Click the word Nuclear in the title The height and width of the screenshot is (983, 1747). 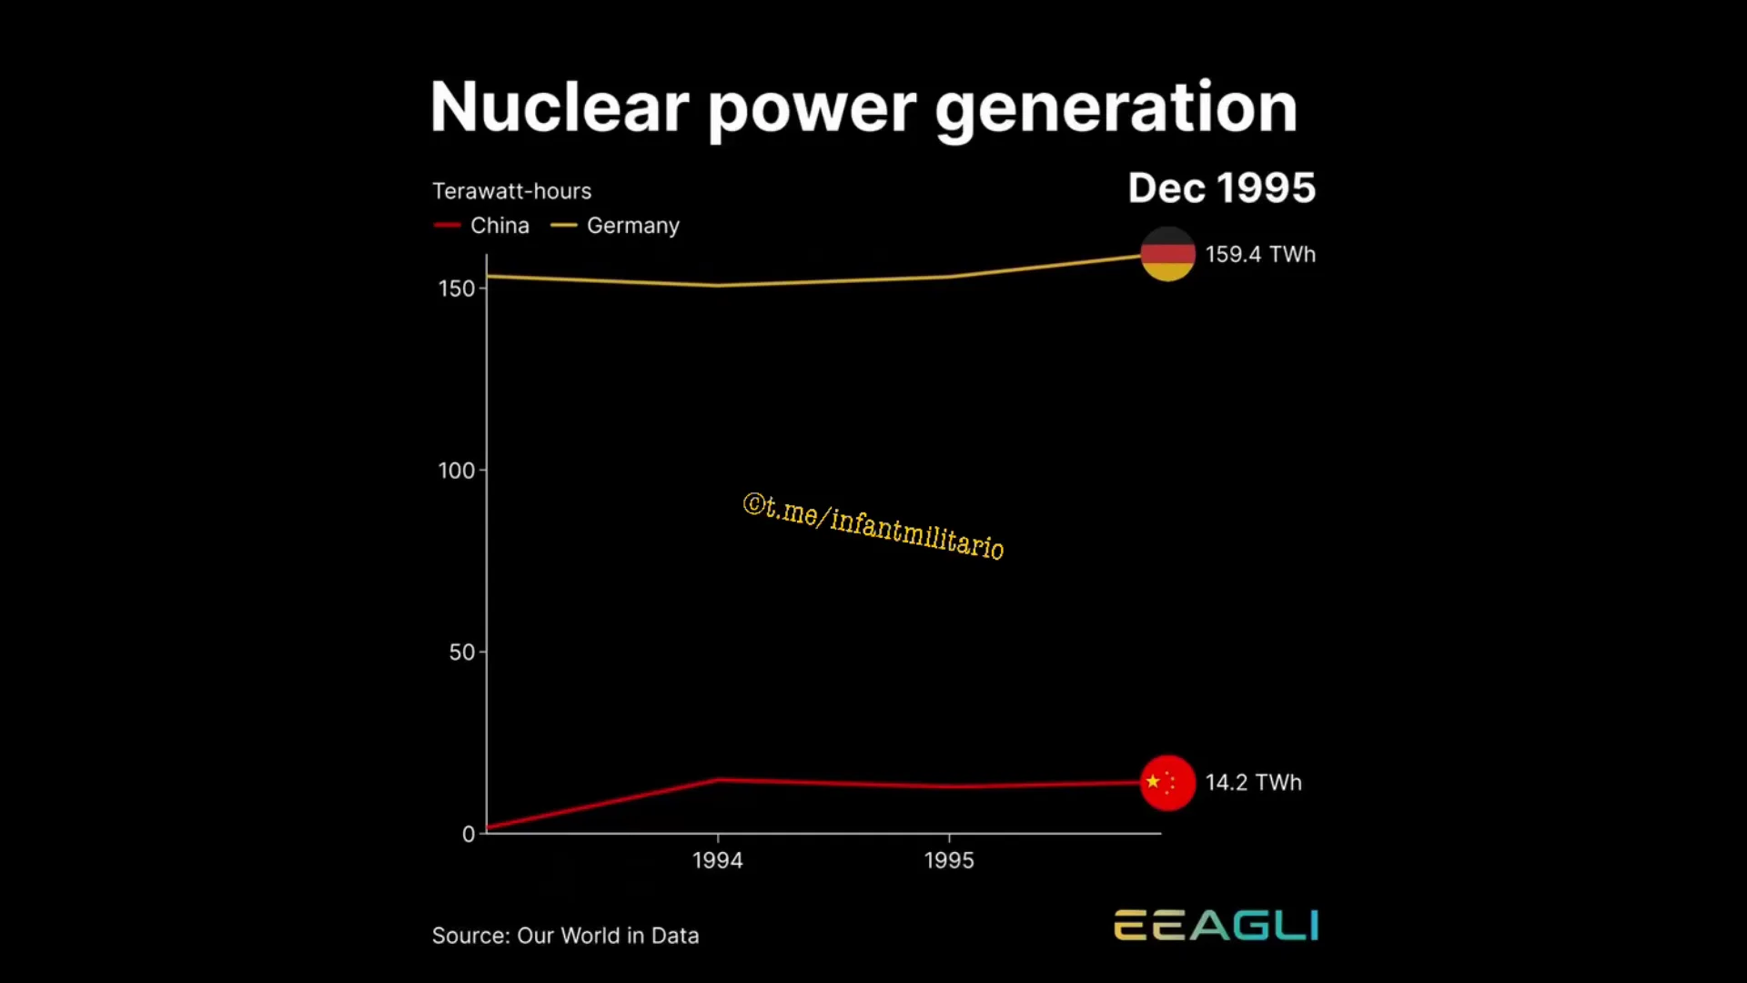(560, 107)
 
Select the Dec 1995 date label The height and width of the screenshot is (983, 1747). (1222, 188)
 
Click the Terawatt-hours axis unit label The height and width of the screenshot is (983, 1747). (511, 191)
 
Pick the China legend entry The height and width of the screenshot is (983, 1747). (481, 226)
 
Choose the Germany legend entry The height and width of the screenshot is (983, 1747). (615, 226)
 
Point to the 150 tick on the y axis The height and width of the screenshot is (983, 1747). (457, 289)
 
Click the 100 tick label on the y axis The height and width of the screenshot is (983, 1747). (457, 471)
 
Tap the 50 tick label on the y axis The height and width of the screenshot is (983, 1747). (462, 653)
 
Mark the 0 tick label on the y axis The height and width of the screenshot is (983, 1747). (469, 834)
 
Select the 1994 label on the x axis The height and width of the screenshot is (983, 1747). (718, 860)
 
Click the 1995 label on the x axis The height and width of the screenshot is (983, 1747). (949, 860)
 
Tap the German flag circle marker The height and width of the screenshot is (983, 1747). (1168, 254)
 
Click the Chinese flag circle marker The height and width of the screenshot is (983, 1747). (1168, 783)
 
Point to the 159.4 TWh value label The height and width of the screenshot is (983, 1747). (1261, 254)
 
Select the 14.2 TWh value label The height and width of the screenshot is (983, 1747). (1254, 783)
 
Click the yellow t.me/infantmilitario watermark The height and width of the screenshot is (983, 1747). (873, 526)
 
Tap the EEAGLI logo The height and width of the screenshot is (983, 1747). (1217, 925)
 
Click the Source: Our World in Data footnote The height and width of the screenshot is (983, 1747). (566, 936)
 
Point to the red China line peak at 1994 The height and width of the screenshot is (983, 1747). (718, 779)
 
